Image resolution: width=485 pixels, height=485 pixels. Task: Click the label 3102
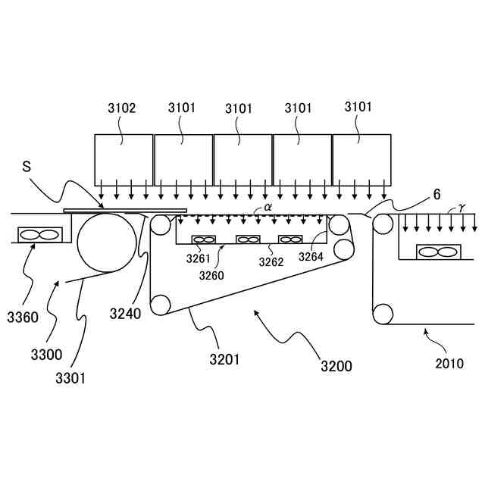(123, 108)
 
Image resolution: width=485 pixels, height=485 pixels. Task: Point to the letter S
(27, 166)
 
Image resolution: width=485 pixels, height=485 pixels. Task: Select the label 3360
(23, 317)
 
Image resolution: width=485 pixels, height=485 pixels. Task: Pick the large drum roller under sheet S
(102, 242)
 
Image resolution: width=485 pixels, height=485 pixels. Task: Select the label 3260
(212, 275)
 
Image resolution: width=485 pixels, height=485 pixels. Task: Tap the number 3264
(311, 258)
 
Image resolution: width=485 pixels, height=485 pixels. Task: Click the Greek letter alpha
(268, 206)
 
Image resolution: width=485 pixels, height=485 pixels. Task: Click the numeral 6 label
(436, 194)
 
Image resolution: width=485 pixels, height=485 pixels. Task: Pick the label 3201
(225, 360)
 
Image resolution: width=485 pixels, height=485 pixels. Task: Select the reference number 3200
(336, 366)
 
